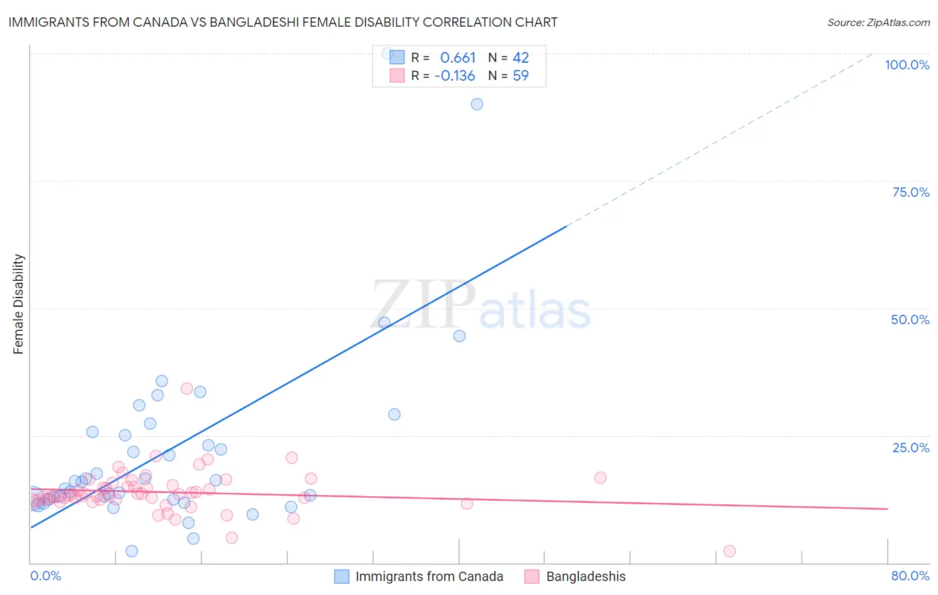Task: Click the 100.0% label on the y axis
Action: pyautogui.click(x=907, y=65)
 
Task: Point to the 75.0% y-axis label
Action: pyautogui.click(x=911, y=192)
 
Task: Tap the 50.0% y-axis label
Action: pyautogui.click(x=910, y=320)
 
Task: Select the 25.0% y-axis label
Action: pyautogui.click(x=911, y=448)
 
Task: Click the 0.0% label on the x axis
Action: pyautogui.click(x=46, y=576)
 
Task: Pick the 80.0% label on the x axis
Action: pyautogui.click(x=910, y=576)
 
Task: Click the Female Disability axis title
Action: pyautogui.click(x=19, y=304)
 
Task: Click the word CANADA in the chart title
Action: pyautogui.click(x=160, y=22)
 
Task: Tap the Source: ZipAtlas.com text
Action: pyautogui.click(x=878, y=23)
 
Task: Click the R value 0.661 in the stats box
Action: pyautogui.click(x=458, y=58)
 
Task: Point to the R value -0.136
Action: pyautogui.click(x=454, y=76)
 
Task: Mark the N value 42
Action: pyautogui.click(x=520, y=58)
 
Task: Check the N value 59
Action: pyautogui.click(x=520, y=76)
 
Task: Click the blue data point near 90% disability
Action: pyautogui.click(x=477, y=104)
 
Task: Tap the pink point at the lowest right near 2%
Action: pyautogui.click(x=729, y=551)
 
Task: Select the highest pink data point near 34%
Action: pyautogui.click(x=187, y=388)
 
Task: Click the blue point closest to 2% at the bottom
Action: pyautogui.click(x=131, y=551)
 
